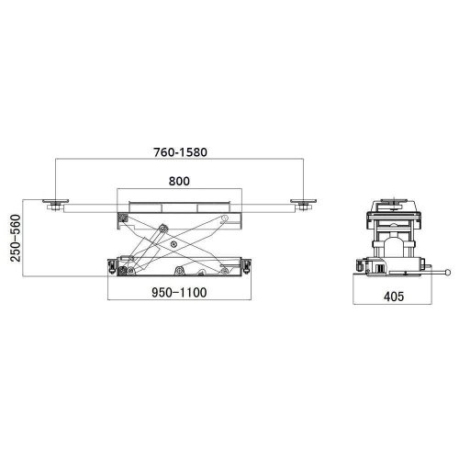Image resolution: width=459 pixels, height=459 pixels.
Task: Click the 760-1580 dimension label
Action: tap(180, 152)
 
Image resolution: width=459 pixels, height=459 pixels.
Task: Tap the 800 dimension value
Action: tap(179, 181)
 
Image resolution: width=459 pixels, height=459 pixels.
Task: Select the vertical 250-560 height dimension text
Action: tap(16, 238)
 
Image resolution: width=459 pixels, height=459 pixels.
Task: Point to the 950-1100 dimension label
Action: tap(179, 293)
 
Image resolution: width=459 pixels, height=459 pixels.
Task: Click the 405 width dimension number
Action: tap(394, 297)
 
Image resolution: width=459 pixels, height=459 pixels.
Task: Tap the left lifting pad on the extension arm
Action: tap(55, 201)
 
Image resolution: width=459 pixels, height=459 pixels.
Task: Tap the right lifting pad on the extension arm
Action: tap(303, 201)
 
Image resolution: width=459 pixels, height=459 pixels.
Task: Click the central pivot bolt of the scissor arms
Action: tap(174, 244)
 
